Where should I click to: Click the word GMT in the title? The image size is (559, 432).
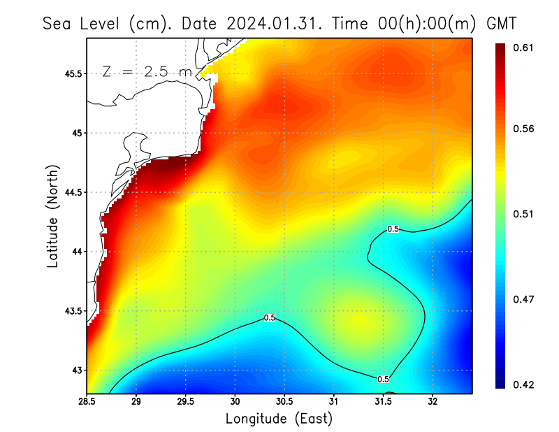(x=502, y=23)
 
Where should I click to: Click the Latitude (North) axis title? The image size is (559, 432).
(x=52, y=216)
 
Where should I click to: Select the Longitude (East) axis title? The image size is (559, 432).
(x=279, y=419)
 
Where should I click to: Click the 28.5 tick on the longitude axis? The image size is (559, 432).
(x=87, y=401)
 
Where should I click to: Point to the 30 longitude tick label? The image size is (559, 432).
(x=235, y=401)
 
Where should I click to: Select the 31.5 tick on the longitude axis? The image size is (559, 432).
(x=383, y=401)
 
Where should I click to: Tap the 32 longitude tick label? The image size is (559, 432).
(x=433, y=401)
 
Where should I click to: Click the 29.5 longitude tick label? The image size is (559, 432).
(x=186, y=401)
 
